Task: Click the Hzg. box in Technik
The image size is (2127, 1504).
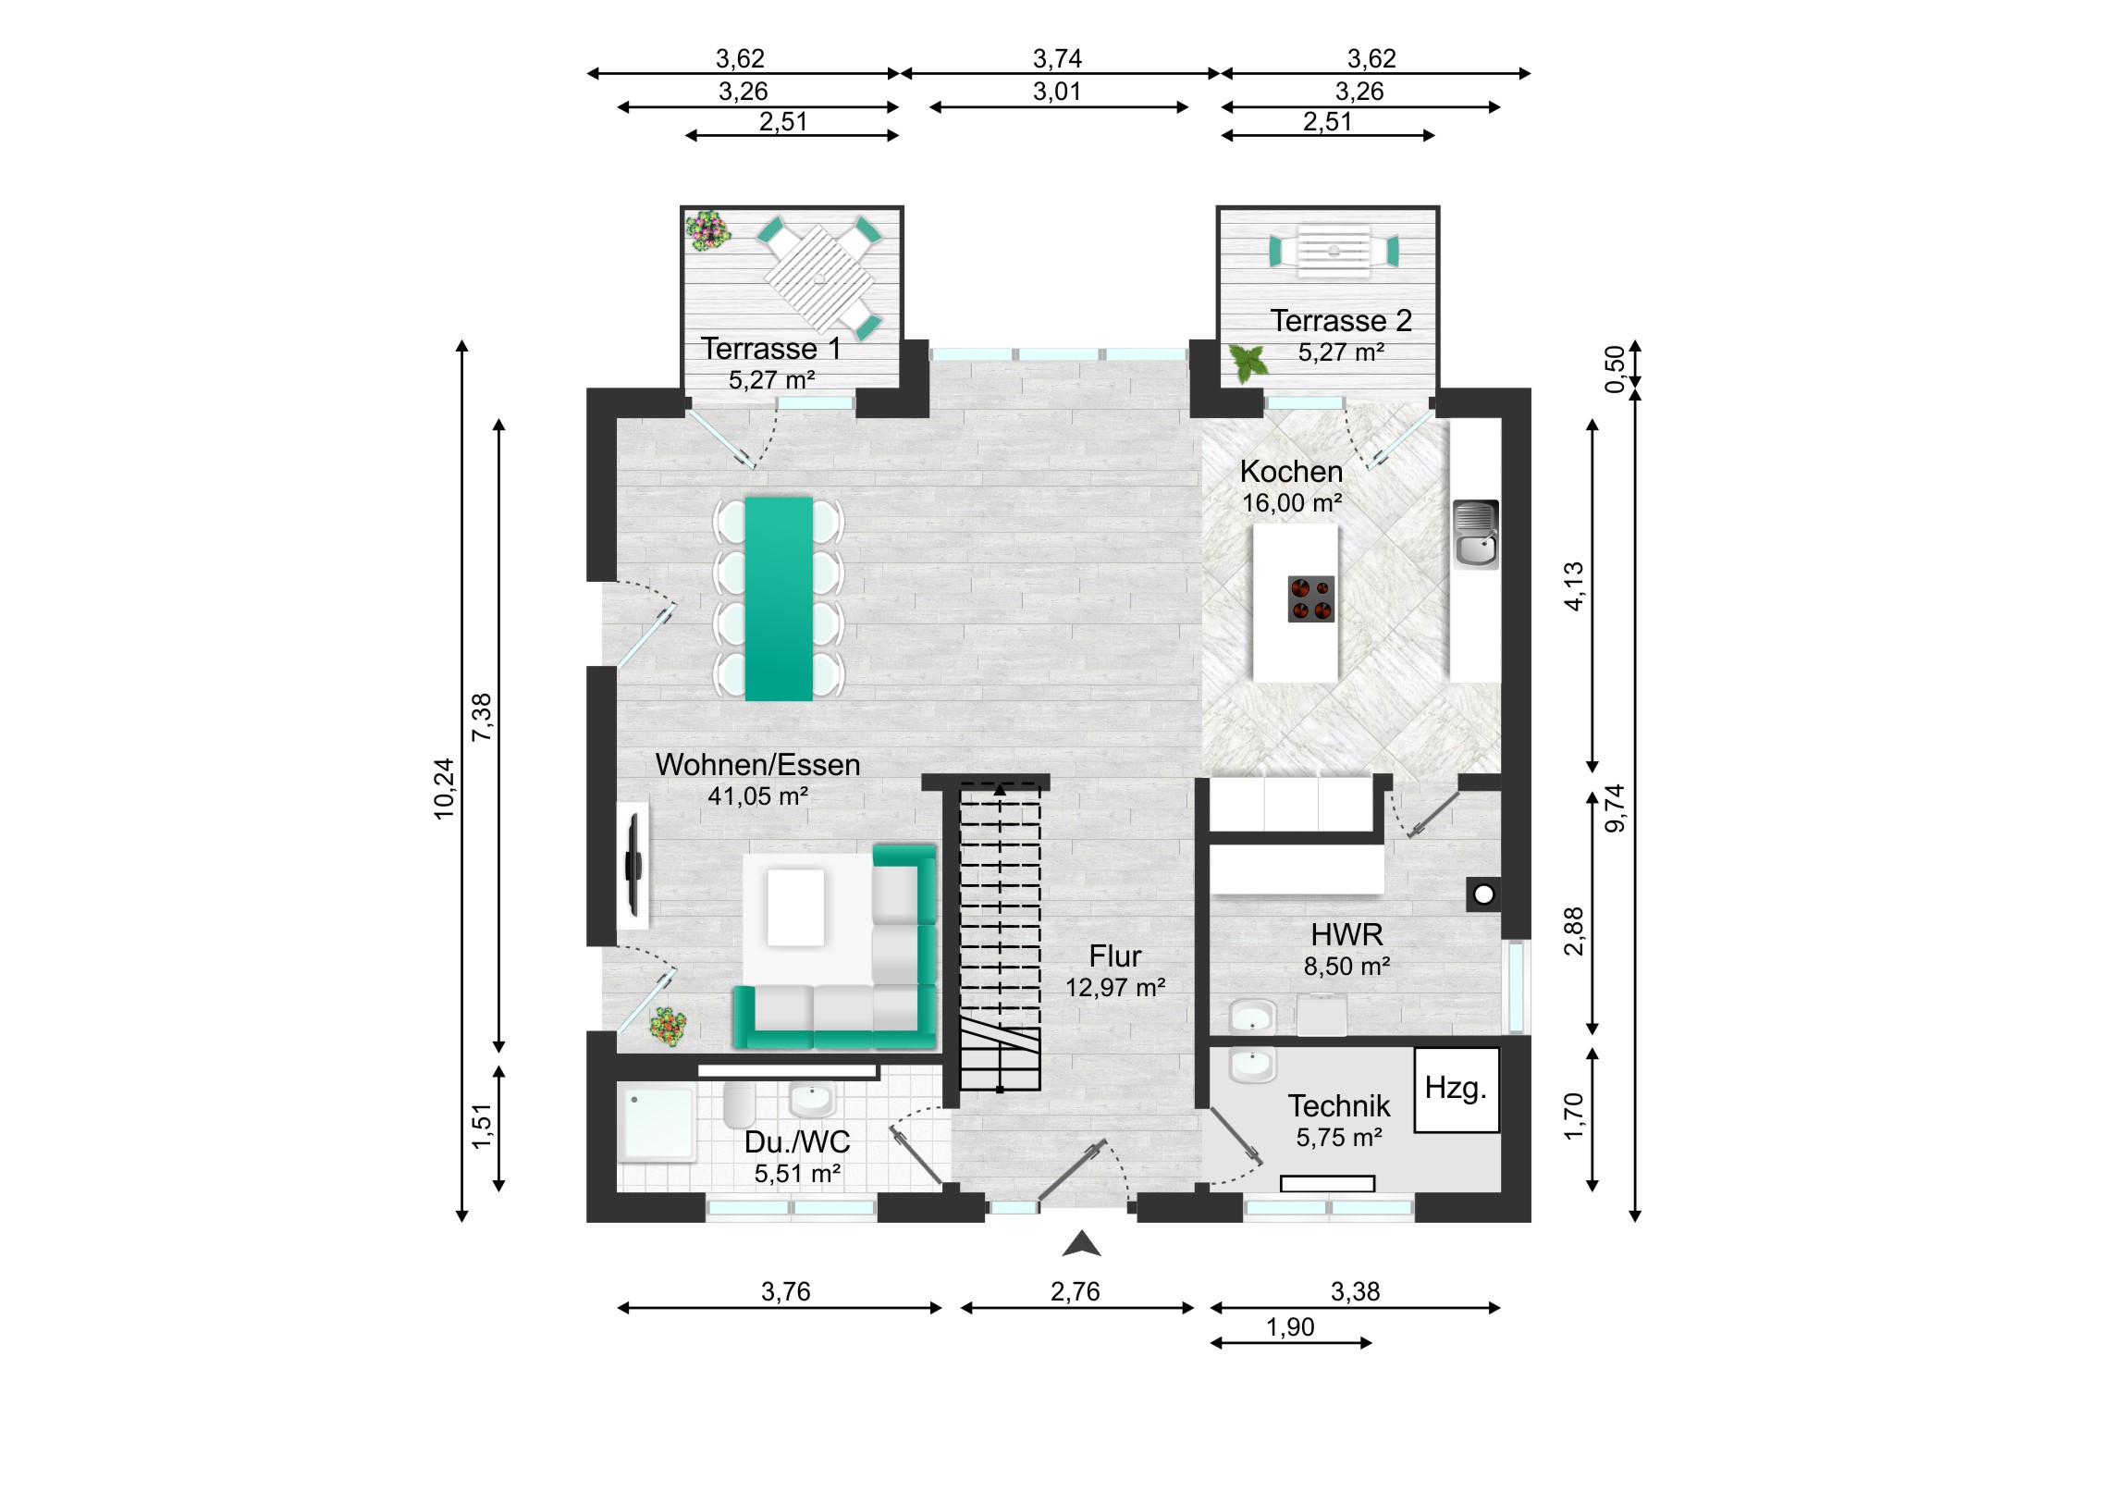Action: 1457,1090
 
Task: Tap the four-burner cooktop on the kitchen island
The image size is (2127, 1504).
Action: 1310,598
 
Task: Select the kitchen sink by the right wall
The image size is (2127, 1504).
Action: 1476,534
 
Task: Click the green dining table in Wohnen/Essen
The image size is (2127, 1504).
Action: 779,598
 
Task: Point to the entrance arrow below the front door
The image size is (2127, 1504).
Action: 1081,1244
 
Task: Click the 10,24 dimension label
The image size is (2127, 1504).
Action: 445,789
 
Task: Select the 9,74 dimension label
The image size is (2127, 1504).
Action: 1615,808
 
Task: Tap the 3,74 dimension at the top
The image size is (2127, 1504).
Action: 1057,59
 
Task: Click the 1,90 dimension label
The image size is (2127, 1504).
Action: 1290,1328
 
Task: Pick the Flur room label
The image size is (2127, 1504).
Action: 1114,956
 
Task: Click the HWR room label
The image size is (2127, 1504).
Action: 1347,934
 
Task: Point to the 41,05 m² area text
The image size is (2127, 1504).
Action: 757,796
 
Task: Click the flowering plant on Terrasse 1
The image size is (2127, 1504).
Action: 707,229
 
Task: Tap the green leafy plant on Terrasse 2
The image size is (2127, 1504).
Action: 1248,363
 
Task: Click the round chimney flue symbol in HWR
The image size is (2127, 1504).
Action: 1484,894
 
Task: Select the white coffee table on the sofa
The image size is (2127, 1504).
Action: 795,907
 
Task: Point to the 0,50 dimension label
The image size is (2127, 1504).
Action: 1615,369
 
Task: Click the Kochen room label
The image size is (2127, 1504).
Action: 1291,472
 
